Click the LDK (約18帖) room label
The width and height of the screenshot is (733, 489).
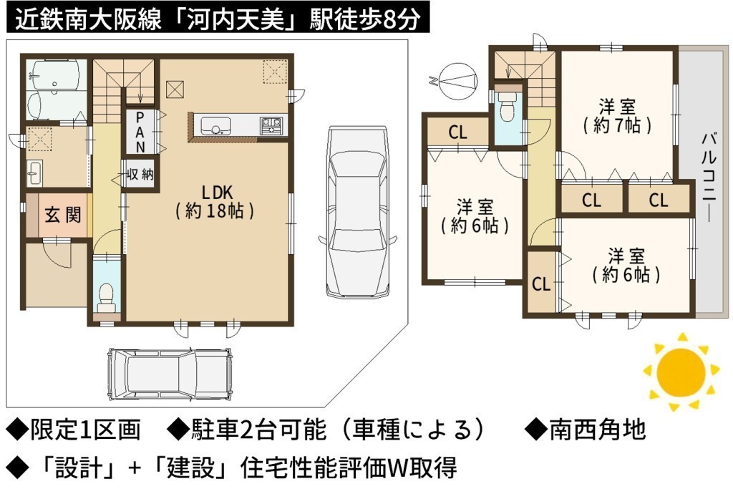(x=215, y=201)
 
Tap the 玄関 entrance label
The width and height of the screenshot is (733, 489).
(x=63, y=216)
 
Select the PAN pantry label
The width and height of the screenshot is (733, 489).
(x=140, y=132)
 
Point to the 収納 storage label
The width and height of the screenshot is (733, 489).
(x=140, y=175)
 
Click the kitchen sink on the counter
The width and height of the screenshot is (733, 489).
(x=215, y=126)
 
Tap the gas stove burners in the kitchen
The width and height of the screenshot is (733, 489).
(x=271, y=126)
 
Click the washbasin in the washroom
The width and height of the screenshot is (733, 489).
(x=34, y=173)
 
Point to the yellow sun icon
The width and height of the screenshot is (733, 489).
(x=681, y=372)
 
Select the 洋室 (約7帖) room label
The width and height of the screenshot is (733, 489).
(x=618, y=116)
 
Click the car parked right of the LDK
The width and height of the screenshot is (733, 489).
(x=357, y=212)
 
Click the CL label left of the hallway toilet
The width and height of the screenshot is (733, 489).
(x=457, y=132)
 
